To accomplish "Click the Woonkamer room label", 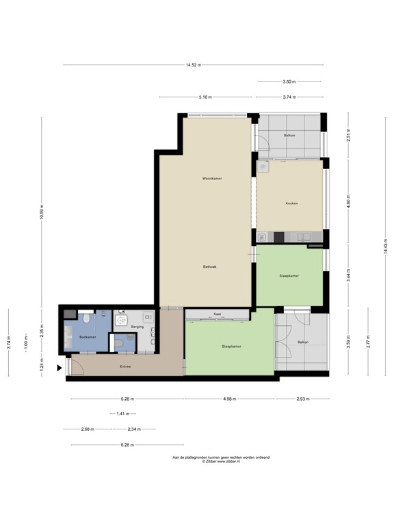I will tap(212, 178).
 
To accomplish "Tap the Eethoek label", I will tap(209, 266).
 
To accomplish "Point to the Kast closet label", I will tap(217, 314).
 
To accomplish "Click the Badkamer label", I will tap(87, 337).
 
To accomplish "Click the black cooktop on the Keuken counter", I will tap(278, 238).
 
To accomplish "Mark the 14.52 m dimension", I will tap(193, 65).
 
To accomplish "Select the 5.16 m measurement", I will tap(205, 97).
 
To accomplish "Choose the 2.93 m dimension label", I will tap(302, 399).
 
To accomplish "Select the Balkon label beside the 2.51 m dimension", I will tap(289, 136).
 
